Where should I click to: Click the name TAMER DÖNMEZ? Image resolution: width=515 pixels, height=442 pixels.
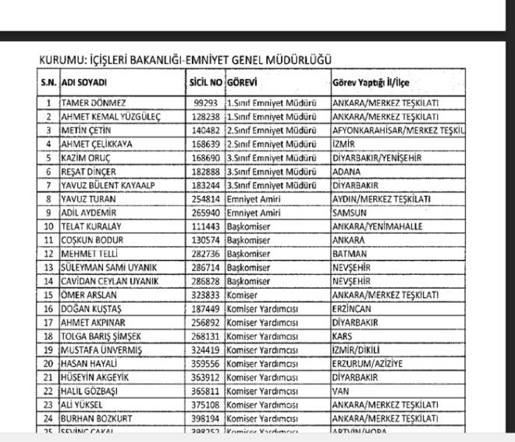click(x=94, y=103)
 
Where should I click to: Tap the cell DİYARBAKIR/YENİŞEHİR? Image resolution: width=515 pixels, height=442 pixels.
click(x=376, y=158)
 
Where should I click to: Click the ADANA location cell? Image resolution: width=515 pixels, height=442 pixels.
click(x=348, y=171)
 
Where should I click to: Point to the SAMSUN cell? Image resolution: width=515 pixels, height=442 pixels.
click(x=350, y=212)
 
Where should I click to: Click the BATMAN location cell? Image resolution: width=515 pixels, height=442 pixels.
click(x=349, y=254)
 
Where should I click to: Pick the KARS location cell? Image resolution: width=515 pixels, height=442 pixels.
click(x=343, y=336)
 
